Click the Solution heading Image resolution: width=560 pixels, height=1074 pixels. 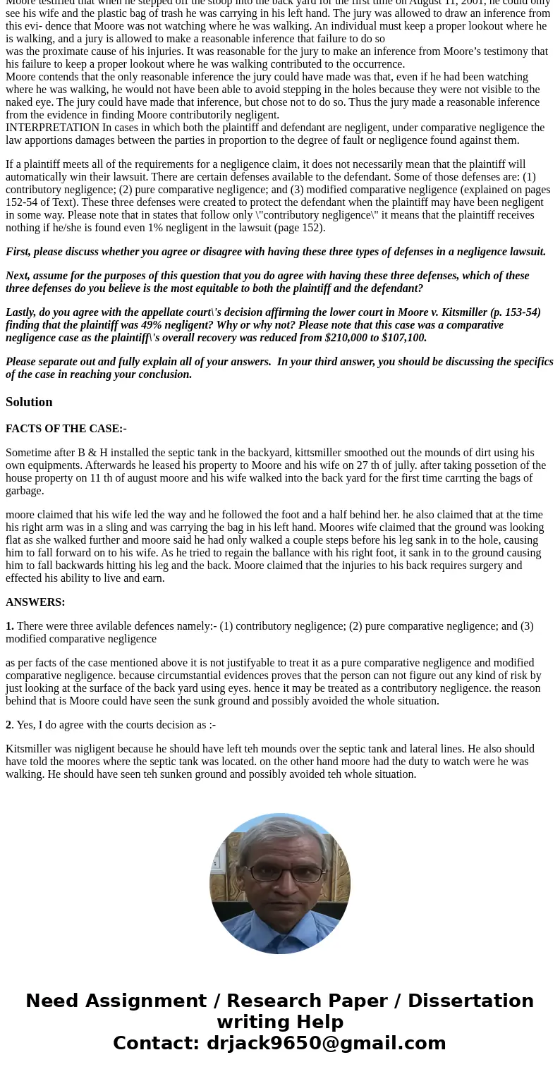pos(29,402)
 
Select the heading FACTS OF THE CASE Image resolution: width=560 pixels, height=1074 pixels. pos(66,429)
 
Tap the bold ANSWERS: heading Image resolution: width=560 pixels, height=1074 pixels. pos(35,602)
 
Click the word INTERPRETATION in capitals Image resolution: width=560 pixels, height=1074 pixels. pos(52,128)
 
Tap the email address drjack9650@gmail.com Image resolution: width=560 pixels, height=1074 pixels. pos(326,1044)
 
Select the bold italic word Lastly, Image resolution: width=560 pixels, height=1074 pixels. pos(21,312)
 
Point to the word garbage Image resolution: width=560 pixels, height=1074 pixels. pos(25,491)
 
